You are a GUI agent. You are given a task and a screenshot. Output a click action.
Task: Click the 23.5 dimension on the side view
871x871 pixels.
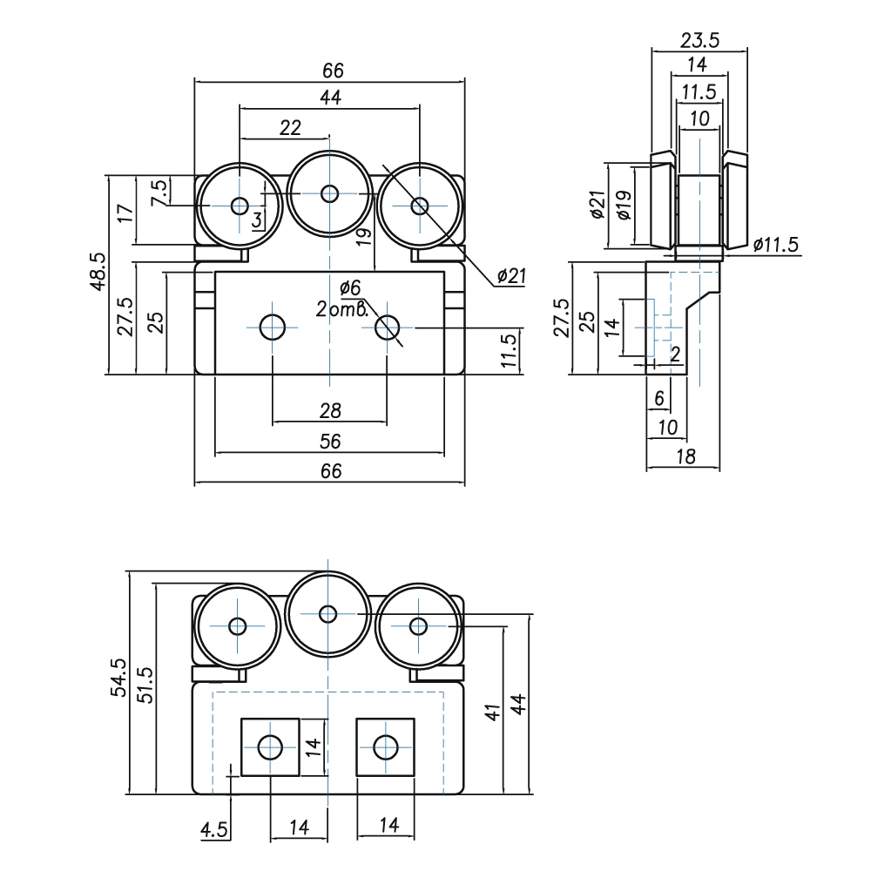(x=699, y=41)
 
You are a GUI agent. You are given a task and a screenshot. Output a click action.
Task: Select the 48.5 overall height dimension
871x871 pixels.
(x=98, y=271)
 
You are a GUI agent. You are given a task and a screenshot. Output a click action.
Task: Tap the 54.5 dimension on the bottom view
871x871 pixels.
(x=118, y=677)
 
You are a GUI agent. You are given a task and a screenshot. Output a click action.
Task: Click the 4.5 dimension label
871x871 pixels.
(x=214, y=830)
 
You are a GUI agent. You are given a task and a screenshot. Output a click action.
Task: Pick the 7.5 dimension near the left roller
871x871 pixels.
(x=159, y=192)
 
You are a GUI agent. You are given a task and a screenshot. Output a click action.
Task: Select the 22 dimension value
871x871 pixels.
(x=290, y=128)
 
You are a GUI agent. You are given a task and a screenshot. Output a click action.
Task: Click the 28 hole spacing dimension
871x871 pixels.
(x=330, y=411)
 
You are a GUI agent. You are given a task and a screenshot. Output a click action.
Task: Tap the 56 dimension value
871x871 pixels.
(x=330, y=442)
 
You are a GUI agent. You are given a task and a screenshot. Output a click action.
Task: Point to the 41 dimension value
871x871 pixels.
(x=492, y=712)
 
